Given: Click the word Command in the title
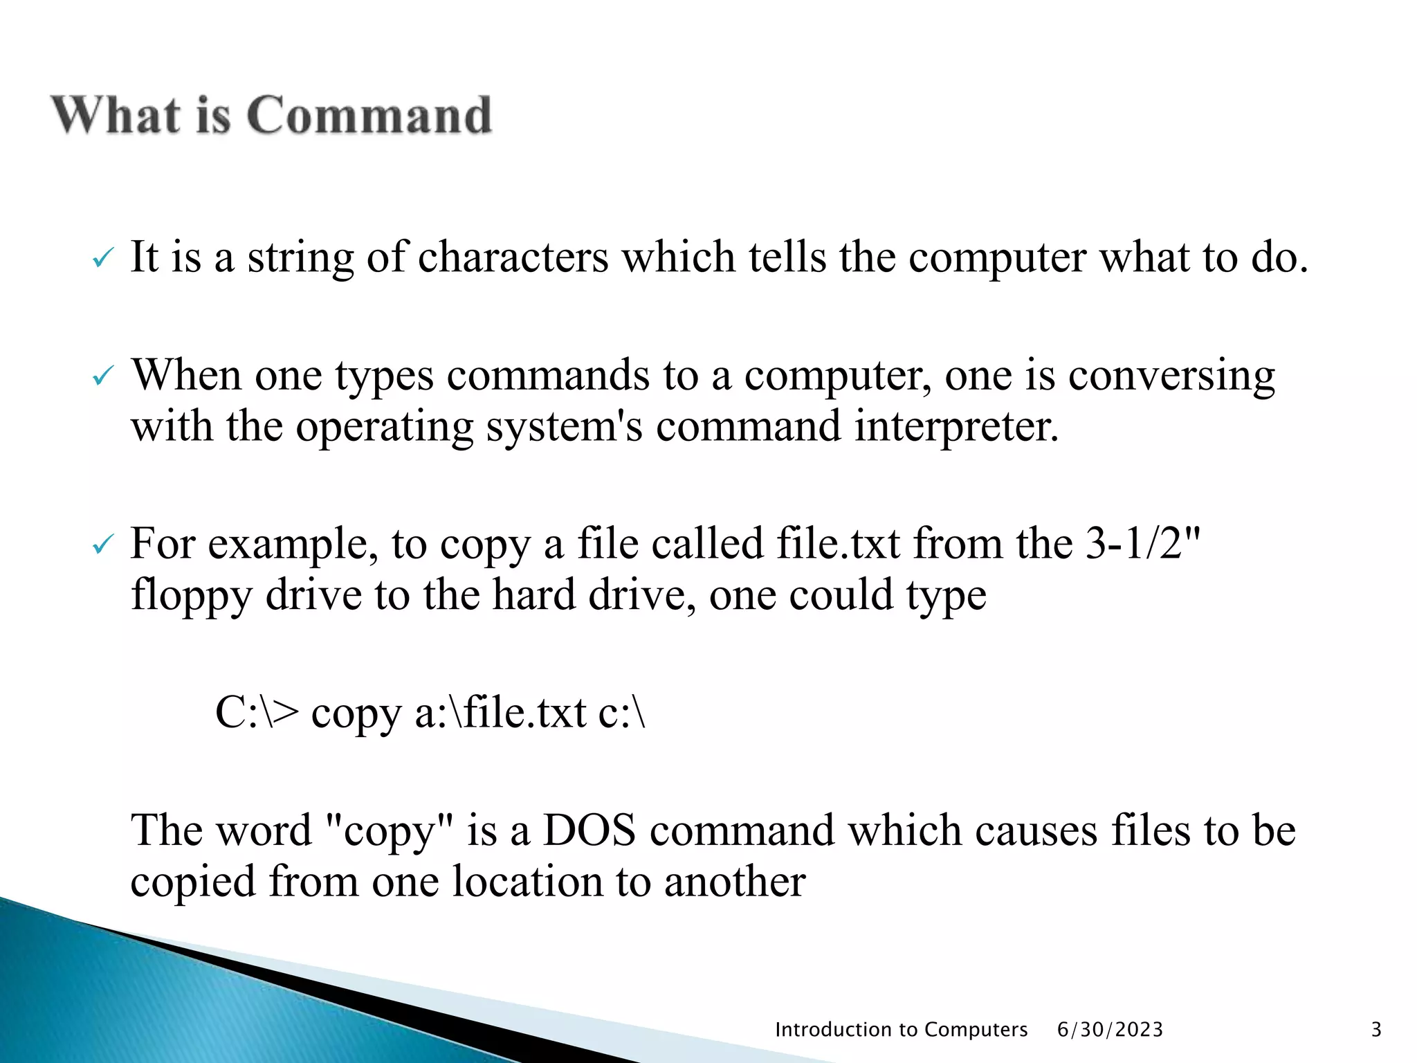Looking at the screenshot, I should [x=369, y=115].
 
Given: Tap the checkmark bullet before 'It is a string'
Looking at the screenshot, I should [x=102, y=260].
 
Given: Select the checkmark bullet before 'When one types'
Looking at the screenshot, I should [x=102, y=377].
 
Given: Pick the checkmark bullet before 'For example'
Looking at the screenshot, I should [x=102, y=546].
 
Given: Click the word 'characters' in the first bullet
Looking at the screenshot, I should [x=513, y=257].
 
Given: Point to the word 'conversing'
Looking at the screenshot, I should [x=1171, y=377].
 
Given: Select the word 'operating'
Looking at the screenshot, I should [x=385, y=427].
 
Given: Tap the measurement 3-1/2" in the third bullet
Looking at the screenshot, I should [x=1142, y=543].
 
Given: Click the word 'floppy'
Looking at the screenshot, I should [x=192, y=596].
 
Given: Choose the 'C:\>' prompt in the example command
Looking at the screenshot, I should [x=257, y=713].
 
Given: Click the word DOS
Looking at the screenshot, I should [x=589, y=830].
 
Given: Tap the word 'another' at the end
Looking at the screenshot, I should [x=735, y=882].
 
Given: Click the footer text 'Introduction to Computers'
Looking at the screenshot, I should [x=901, y=1030].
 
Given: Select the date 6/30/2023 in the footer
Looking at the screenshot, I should [x=1110, y=1030].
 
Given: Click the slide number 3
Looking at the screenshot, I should [x=1376, y=1030].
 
